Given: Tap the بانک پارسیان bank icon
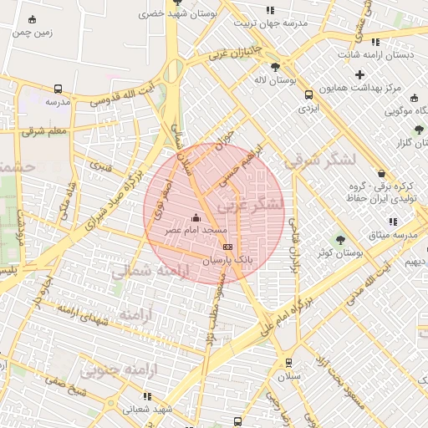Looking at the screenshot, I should pos(227,247).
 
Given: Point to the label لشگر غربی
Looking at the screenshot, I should pos(251,204).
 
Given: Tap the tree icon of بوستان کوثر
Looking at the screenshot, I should pos(339,239).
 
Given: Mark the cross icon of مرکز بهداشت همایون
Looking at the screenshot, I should pos(359,74).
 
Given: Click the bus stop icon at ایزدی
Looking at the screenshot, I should pos(308,94).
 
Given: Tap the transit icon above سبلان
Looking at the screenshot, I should pos(288,363).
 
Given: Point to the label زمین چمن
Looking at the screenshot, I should pos(33,32).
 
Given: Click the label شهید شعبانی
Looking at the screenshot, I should pos(147,410).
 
